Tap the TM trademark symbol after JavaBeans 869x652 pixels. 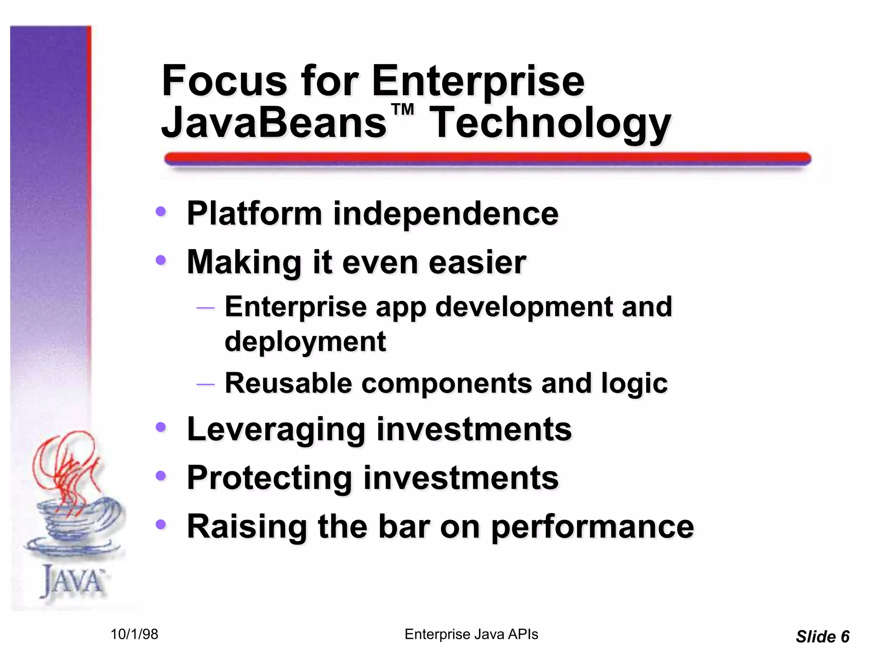(402, 110)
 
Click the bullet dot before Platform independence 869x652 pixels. (160, 211)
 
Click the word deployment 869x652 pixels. (305, 341)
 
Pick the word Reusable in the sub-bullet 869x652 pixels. (288, 383)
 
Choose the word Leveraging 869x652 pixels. (276, 430)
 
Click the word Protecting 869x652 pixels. (269, 478)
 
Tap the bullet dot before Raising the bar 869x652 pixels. (160, 524)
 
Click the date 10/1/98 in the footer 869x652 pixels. (134, 634)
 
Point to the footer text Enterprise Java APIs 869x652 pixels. (471, 634)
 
